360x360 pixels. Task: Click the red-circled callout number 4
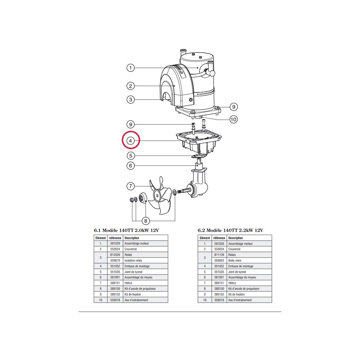point(130,140)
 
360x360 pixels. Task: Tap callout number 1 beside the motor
point(130,67)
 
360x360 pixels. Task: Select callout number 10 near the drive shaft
point(233,119)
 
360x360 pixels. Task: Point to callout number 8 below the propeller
point(145,221)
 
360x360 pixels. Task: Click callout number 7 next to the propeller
point(130,186)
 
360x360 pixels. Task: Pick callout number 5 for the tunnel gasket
point(130,156)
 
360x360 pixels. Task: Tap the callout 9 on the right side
point(233,107)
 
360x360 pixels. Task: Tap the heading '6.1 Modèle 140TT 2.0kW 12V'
point(126,230)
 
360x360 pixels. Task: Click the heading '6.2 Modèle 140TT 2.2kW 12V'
point(230,230)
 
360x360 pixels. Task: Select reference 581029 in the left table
point(115,243)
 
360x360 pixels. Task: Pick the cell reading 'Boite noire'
point(235,260)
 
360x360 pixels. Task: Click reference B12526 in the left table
point(115,255)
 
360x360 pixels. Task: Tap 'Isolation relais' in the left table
point(133,260)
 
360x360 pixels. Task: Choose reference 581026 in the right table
point(219,244)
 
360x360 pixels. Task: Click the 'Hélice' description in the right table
point(232,283)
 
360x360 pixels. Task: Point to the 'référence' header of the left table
point(115,238)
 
